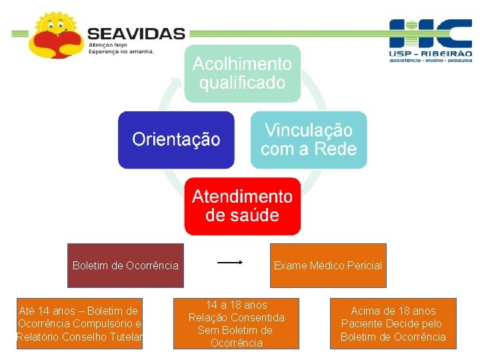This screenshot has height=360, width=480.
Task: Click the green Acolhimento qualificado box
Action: tap(243, 73)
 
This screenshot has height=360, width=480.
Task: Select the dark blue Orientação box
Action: tap(176, 139)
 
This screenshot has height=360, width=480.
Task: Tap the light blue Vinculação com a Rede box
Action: tap(309, 139)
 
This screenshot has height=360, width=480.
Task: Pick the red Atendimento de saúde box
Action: tap(243, 206)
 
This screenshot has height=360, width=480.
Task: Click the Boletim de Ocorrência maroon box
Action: tap(125, 265)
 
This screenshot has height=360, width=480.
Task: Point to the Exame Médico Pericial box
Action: tap(327, 265)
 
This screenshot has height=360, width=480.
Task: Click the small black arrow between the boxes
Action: tap(230, 263)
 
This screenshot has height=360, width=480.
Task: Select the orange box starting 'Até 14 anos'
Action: tap(79, 323)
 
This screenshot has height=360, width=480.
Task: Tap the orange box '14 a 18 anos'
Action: tap(236, 323)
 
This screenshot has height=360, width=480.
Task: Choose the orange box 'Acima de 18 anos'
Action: tap(393, 323)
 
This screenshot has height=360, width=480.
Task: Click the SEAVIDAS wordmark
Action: tap(136, 33)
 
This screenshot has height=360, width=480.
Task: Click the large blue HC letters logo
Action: tap(430, 33)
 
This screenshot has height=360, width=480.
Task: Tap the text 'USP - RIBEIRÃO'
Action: tap(430, 53)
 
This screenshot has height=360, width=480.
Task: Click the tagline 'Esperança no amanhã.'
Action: tap(121, 51)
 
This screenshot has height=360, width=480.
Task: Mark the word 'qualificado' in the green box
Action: tap(243, 83)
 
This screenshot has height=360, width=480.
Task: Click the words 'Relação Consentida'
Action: tap(236, 317)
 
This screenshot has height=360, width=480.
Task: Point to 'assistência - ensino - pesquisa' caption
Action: tap(430, 60)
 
